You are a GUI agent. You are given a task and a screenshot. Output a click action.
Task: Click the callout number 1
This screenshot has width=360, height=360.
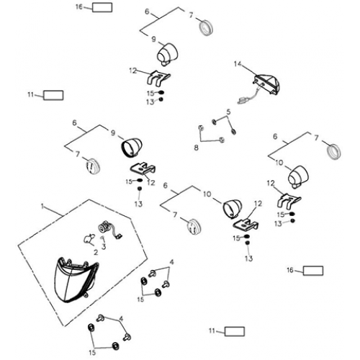(42, 206)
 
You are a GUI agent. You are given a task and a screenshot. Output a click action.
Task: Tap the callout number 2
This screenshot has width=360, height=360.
(96, 252)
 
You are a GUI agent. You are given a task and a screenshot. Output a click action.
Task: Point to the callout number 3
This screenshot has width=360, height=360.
(104, 246)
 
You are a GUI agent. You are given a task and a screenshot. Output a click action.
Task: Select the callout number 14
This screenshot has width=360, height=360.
(238, 64)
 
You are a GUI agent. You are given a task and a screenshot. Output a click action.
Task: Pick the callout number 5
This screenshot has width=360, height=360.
(228, 112)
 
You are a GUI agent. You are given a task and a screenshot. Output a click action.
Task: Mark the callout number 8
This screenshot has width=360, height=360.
(196, 148)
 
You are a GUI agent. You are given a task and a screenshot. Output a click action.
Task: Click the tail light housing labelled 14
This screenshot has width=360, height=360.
(266, 84)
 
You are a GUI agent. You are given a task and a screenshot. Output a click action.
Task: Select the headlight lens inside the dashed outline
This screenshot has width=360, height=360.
(76, 280)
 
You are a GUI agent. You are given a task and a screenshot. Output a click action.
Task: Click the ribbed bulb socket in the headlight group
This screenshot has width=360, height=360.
(104, 227)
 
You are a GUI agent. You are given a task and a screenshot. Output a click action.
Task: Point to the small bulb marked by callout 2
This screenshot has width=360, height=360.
(88, 238)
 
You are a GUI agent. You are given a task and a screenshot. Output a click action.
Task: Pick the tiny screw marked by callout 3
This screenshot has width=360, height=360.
(103, 238)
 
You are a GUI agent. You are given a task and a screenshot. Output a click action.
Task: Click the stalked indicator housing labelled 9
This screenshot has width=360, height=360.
(167, 55)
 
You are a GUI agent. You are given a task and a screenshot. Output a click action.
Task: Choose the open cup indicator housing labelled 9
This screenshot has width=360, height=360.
(131, 147)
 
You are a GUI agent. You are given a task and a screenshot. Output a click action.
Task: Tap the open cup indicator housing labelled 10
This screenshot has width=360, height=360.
(233, 209)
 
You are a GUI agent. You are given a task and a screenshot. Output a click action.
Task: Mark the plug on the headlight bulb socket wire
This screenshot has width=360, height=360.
(119, 236)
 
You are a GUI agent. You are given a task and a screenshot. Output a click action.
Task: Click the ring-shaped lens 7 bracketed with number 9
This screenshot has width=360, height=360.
(207, 28)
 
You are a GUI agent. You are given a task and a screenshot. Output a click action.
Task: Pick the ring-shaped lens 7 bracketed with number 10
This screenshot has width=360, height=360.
(334, 152)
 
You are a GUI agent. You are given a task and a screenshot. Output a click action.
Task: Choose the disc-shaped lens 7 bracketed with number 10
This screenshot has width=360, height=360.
(194, 227)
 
